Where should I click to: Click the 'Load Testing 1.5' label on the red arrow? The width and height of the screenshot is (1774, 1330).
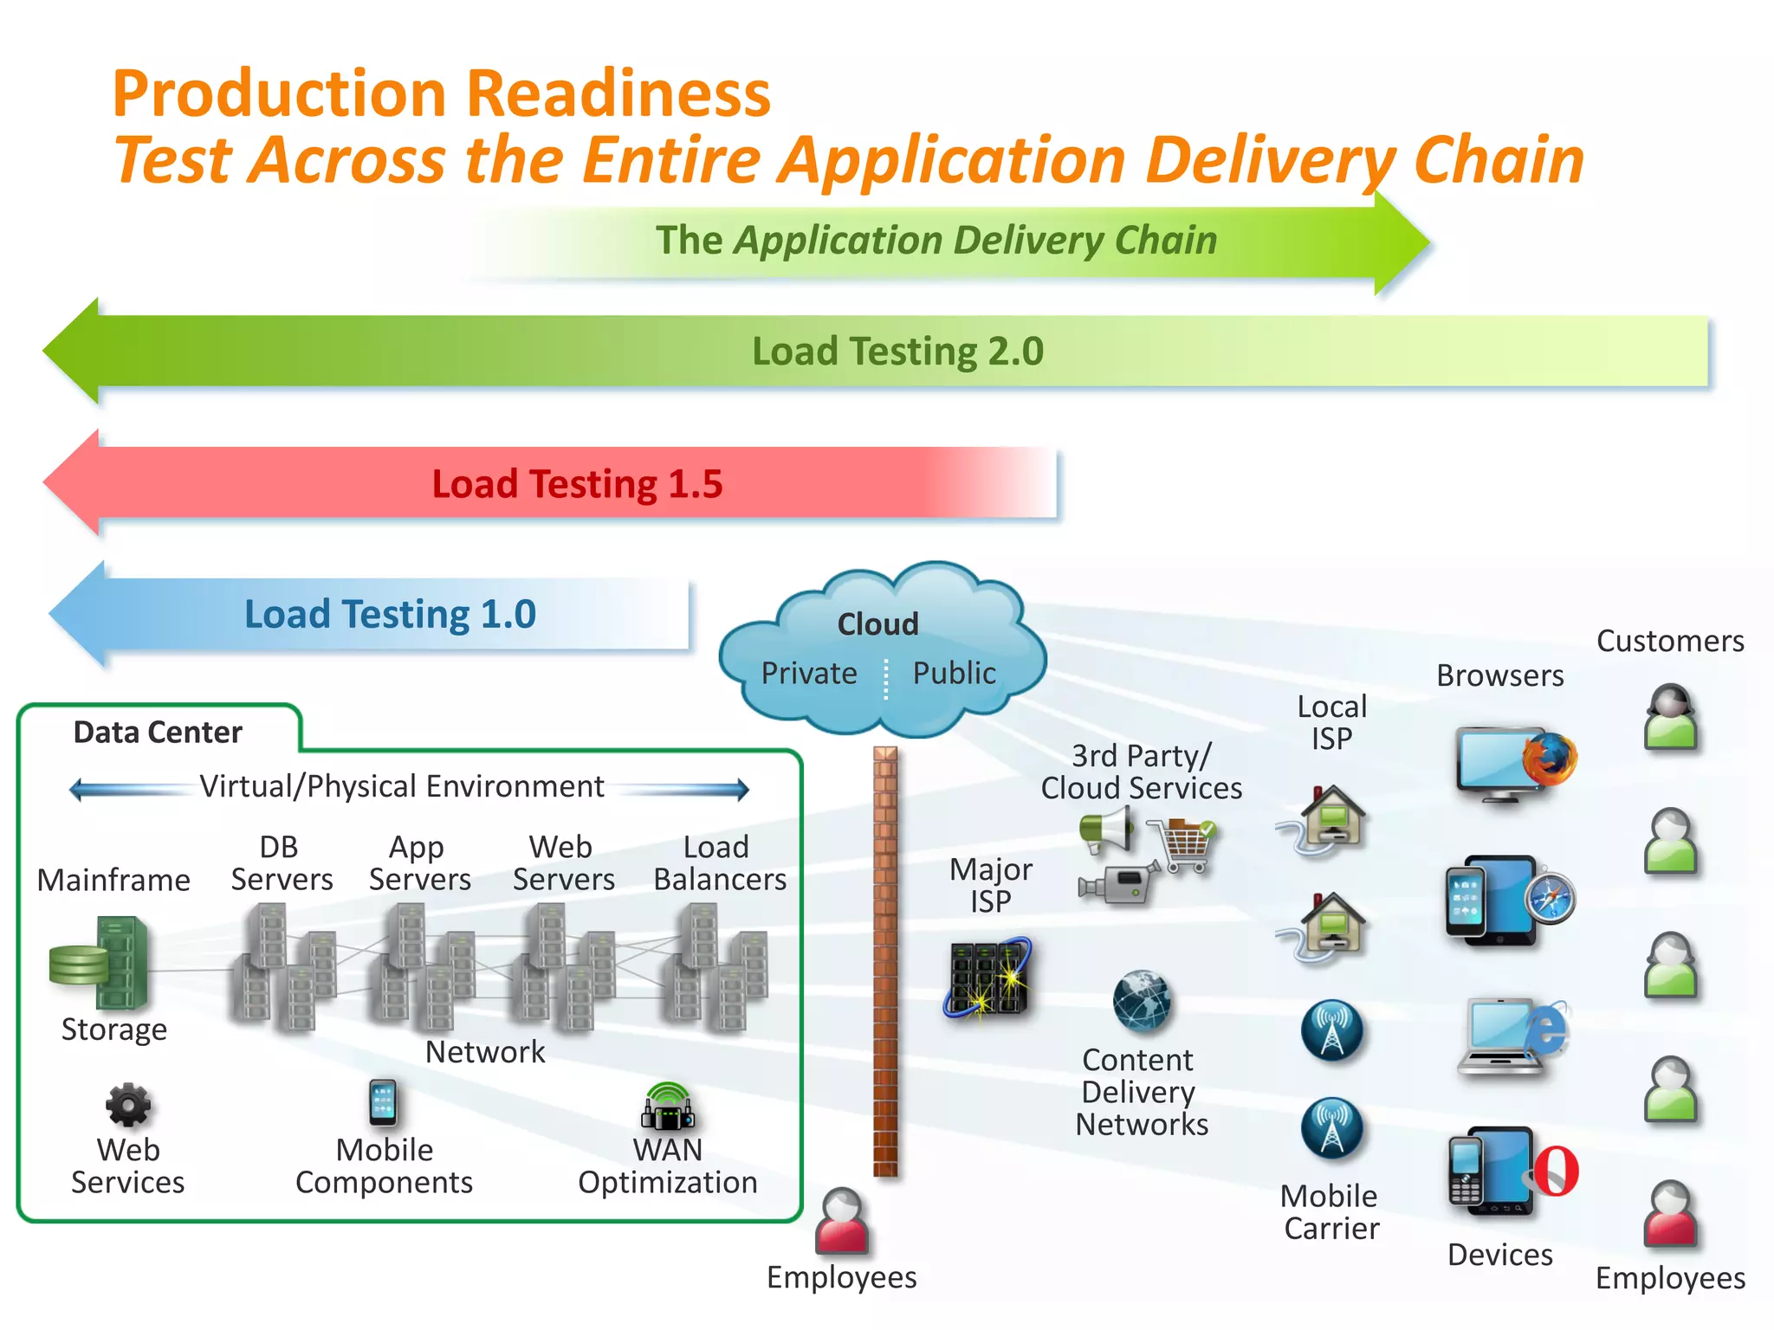pyautogui.click(x=577, y=483)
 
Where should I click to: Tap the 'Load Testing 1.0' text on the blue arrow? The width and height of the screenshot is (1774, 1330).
pyautogui.click(x=390, y=614)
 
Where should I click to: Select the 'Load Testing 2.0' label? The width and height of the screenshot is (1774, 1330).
pyautogui.click(x=897, y=351)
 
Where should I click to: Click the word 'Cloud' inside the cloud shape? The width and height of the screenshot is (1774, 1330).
pyautogui.click(x=877, y=623)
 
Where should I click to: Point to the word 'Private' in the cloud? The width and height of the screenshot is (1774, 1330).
pyautogui.click(x=809, y=673)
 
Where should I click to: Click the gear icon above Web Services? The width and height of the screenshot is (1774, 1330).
pyautogui.click(x=128, y=1105)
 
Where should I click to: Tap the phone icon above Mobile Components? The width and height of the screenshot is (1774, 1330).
pyautogui.click(x=383, y=1102)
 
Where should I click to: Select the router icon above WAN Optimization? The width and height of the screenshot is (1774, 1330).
pyautogui.click(x=667, y=1107)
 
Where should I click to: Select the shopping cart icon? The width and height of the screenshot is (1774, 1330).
pyautogui.click(x=1182, y=843)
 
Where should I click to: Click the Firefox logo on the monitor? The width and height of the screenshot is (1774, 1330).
pyautogui.click(x=1550, y=758)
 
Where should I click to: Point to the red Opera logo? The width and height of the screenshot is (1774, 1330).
pyautogui.click(x=1557, y=1171)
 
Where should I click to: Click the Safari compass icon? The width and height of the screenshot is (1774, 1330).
pyautogui.click(x=1550, y=898)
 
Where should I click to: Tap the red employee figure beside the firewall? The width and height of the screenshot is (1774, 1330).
pyautogui.click(x=842, y=1221)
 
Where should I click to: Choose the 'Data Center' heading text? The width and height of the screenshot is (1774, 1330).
pyautogui.click(x=158, y=733)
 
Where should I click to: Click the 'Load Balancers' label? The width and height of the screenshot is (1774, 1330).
pyautogui.click(x=720, y=863)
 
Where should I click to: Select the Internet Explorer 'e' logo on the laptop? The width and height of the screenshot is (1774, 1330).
pyautogui.click(x=1548, y=1030)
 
